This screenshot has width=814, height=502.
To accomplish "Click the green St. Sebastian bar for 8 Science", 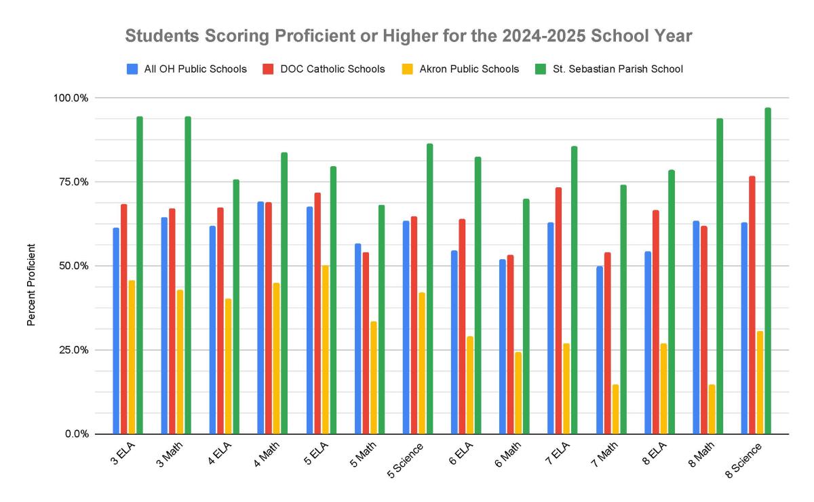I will click(x=768, y=271).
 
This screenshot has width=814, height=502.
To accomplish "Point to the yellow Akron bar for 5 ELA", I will click(x=325, y=349).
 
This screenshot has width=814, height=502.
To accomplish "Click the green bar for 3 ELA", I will click(x=140, y=275).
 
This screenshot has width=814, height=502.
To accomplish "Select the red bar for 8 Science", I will click(x=752, y=305).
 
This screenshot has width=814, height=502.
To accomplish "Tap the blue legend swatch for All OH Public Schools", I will click(x=132, y=69).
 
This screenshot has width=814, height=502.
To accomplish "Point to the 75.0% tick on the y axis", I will click(x=71, y=182).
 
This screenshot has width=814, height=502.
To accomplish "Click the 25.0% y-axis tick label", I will click(x=71, y=350).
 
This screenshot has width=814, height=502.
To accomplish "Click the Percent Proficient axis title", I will click(x=31, y=285).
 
